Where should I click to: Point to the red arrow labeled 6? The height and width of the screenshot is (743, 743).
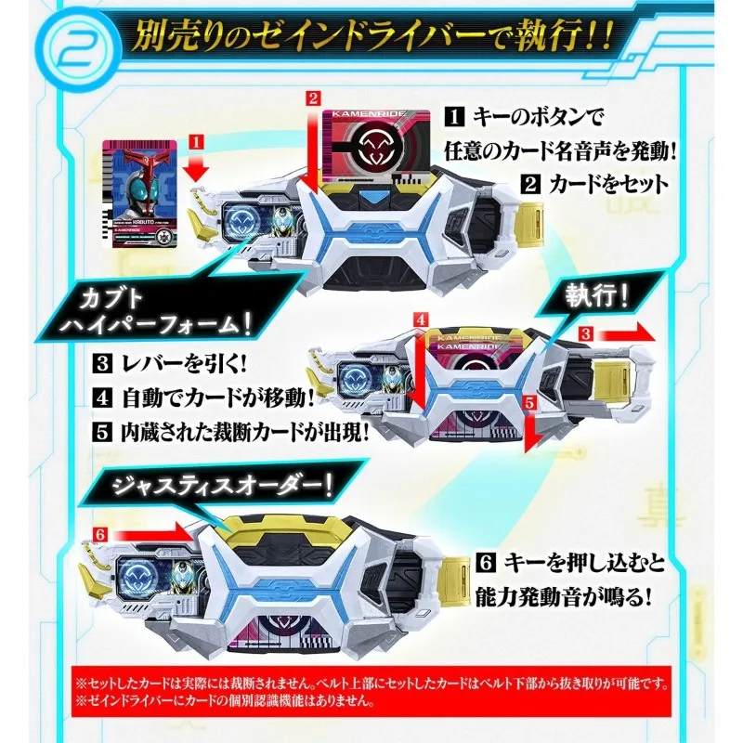[x=137, y=533]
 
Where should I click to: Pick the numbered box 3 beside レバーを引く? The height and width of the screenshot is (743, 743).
[x=108, y=362]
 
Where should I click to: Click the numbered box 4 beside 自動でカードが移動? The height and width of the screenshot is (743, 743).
[x=108, y=398]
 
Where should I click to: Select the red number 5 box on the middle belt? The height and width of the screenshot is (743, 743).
[x=530, y=402]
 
